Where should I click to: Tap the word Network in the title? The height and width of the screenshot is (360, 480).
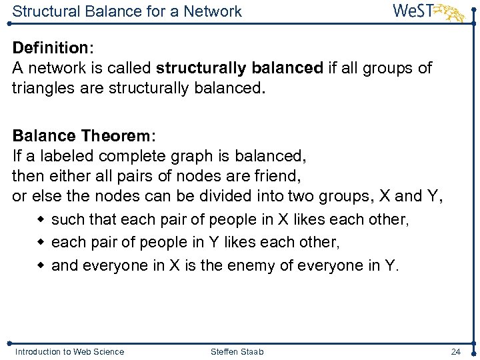click(x=212, y=11)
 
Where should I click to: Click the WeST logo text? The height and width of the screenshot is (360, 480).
click(x=413, y=11)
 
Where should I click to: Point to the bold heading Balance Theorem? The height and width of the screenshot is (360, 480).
click(x=84, y=136)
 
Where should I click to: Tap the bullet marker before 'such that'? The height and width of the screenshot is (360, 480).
click(x=41, y=219)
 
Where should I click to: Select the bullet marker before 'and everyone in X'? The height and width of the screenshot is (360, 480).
click(x=41, y=265)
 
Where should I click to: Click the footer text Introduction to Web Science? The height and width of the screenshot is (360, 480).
click(x=69, y=351)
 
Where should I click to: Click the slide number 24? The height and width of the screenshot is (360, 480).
click(x=456, y=351)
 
